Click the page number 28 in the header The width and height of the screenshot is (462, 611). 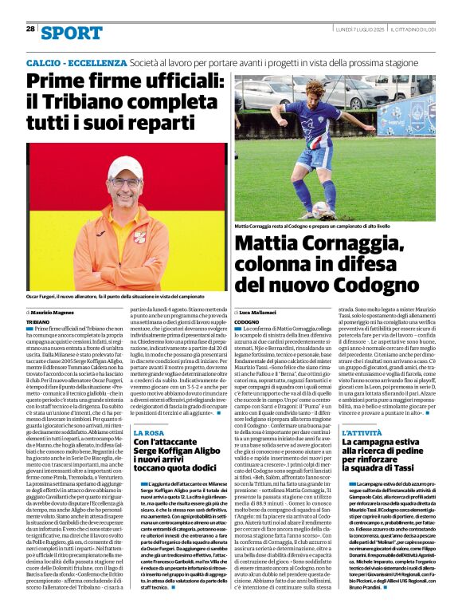click(x=30, y=29)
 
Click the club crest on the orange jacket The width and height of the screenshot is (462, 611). click(x=140, y=236)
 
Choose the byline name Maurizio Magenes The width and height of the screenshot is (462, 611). click(x=57, y=312)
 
